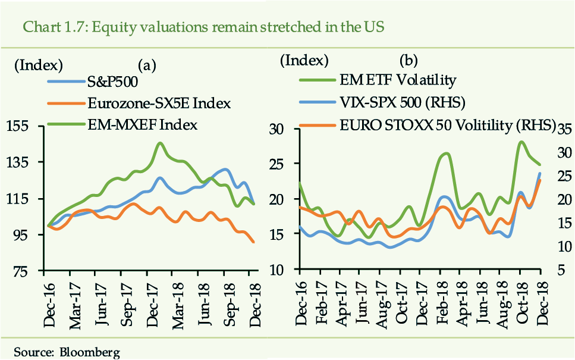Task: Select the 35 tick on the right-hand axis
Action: (565, 130)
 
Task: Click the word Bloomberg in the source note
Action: (89, 352)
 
